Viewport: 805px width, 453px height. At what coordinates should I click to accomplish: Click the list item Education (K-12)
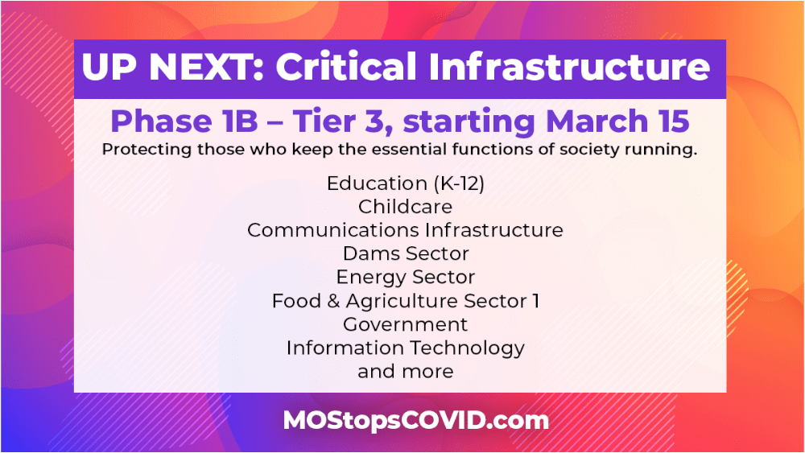pyautogui.click(x=405, y=183)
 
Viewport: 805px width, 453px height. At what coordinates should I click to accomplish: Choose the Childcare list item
pyautogui.click(x=405, y=207)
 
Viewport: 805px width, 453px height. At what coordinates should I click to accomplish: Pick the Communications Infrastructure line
pyautogui.click(x=405, y=230)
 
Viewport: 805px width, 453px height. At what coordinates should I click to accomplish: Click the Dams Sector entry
pyautogui.click(x=405, y=253)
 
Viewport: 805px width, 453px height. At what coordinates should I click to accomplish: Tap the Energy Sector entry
pyautogui.click(x=405, y=278)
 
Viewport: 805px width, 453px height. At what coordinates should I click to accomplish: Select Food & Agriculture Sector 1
pyautogui.click(x=405, y=301)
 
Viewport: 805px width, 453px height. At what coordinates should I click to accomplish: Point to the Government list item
pyautogui.click(x=405, y=324)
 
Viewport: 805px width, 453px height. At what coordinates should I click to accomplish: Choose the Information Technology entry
pyautogui.click(x=405, y=348)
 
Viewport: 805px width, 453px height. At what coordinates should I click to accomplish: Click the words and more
pyautogui.click(x=405, y=371)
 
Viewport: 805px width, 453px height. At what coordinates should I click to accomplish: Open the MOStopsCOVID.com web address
pyautogui.click(x=415, y=419)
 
